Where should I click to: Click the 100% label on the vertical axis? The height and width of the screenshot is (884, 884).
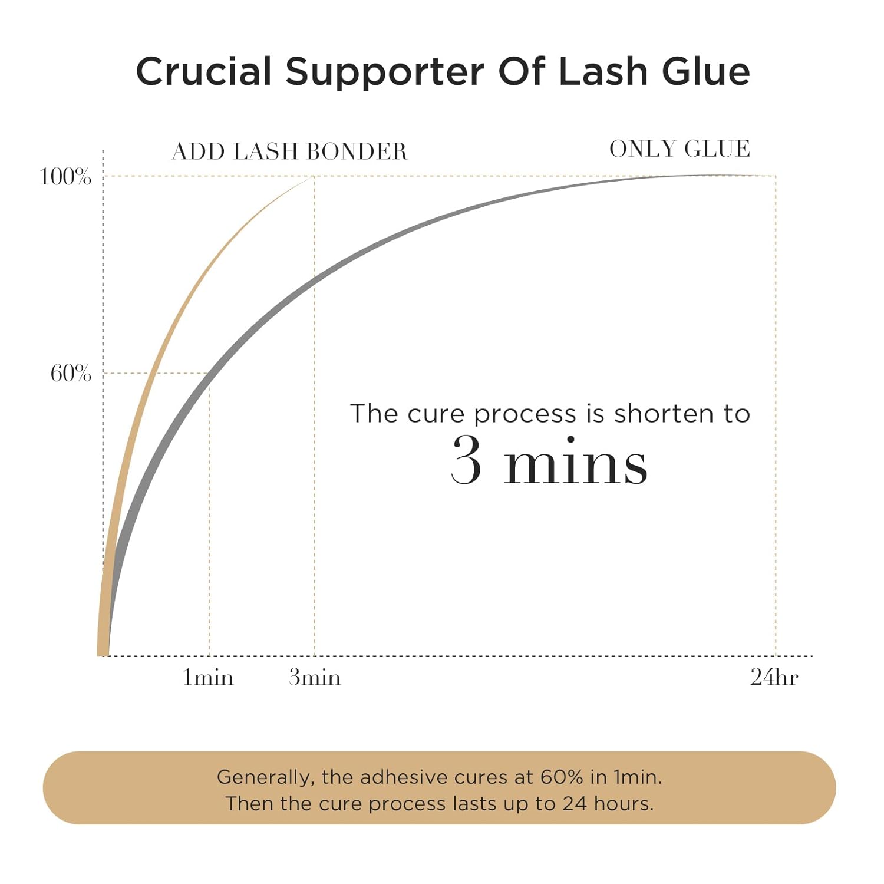(65, 176)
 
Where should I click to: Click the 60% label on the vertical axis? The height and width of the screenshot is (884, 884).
(71, 373)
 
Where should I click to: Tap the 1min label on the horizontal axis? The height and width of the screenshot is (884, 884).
(208, 678)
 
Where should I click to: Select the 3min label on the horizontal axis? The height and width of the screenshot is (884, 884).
(315, 678)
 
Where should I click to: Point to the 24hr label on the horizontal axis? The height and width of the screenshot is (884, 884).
(774, 678)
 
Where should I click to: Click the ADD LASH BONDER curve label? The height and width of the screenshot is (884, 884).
(289, 151)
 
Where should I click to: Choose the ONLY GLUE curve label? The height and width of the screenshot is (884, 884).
(680, 149)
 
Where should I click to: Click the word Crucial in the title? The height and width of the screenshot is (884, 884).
(204, 71)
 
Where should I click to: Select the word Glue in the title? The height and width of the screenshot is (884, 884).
(706, 71)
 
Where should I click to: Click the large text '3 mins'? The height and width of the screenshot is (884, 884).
(549, 463)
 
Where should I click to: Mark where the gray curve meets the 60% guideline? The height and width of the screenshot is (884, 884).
(208, 373)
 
